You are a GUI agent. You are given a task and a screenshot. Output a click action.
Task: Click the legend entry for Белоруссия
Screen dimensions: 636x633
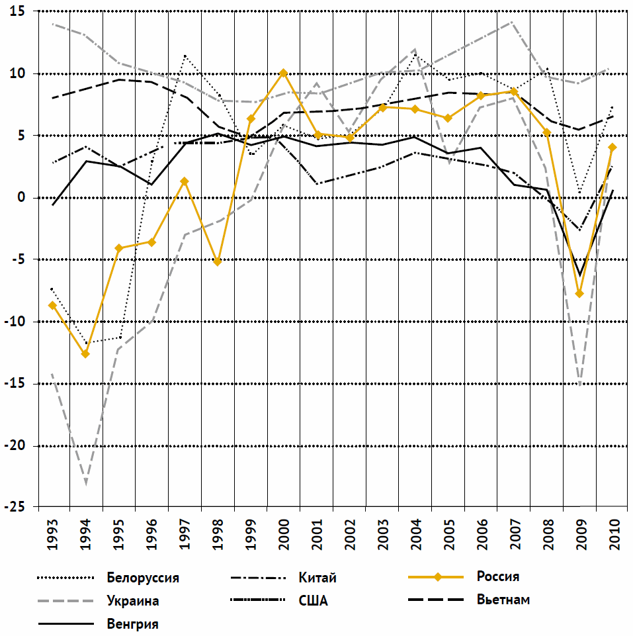[x=142, y=577]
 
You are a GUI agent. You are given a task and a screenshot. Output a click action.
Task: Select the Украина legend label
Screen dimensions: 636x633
[x=132, y=601]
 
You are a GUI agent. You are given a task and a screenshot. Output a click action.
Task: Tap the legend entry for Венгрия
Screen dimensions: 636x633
[x=132, y=623]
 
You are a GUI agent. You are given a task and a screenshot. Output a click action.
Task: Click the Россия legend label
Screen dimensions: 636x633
[x=497, y=576]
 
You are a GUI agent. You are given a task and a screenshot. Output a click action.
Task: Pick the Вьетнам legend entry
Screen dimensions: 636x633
[x=503, y=600]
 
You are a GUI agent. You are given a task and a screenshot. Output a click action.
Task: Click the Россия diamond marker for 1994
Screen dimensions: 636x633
[x=85, y=354]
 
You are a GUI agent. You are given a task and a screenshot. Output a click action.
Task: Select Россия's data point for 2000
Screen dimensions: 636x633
[x=283, y=73]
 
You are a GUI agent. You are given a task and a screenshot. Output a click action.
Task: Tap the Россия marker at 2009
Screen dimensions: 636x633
[x=579, y=293]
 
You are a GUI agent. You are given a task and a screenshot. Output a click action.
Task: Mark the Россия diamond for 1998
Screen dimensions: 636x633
[x=217, y=261]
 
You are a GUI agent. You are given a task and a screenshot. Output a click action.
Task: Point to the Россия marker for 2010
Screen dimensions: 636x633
[x=612, y=148]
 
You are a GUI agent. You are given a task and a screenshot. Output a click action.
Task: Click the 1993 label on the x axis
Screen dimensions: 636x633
[x=53, y=535]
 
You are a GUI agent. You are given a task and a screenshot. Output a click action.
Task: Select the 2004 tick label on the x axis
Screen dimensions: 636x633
[x=415, y=535]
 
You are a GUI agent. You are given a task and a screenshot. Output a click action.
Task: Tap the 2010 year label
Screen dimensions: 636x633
[x=613, y=535]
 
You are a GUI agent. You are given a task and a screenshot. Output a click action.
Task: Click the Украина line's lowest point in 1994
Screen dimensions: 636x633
[x=86, y=482]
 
